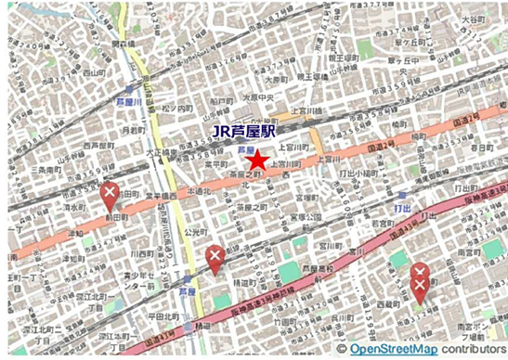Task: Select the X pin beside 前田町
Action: (110, 197)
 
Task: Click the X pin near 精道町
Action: (215, 259)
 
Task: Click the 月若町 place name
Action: (136, 130)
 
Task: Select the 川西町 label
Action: (141, 252)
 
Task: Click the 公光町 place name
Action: (194, 224)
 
